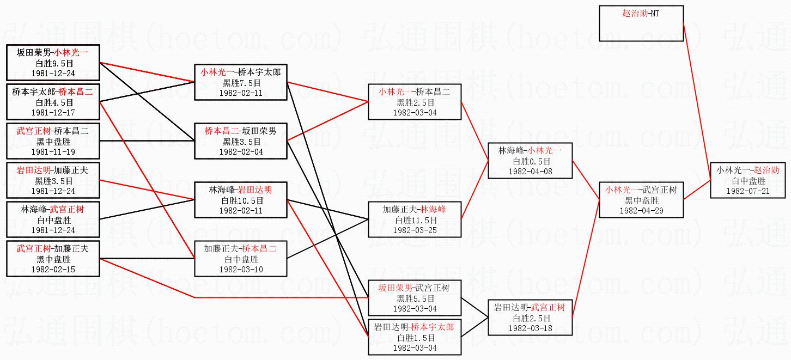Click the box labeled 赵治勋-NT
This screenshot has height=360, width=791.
pos(641,23)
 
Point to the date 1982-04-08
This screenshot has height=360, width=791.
pos(530,171)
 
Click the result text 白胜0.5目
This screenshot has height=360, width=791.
pos(530,161)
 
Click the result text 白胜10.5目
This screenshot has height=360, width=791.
pos(240,200)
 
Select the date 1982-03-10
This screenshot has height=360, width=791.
pos(240,269)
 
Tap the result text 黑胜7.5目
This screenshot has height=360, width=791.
pos(240,83)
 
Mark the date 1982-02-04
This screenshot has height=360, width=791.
pos(240,152)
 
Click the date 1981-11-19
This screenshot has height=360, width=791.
pos(53,152)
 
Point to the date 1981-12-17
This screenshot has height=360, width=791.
pos(53,112)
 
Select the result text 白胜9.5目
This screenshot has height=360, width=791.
pos(53,63)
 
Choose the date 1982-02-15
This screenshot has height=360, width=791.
pos(53,269)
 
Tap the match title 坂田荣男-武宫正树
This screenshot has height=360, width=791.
pos(415,288)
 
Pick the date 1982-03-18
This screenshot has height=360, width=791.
pos(530,328)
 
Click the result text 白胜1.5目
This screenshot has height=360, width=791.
pos(415,338)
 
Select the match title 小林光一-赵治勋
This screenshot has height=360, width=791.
pos(748,170)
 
